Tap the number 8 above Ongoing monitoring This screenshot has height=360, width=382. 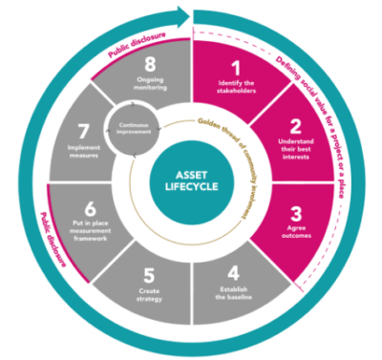(148, 69)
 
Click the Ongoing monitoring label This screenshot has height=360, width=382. (148, 90)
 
